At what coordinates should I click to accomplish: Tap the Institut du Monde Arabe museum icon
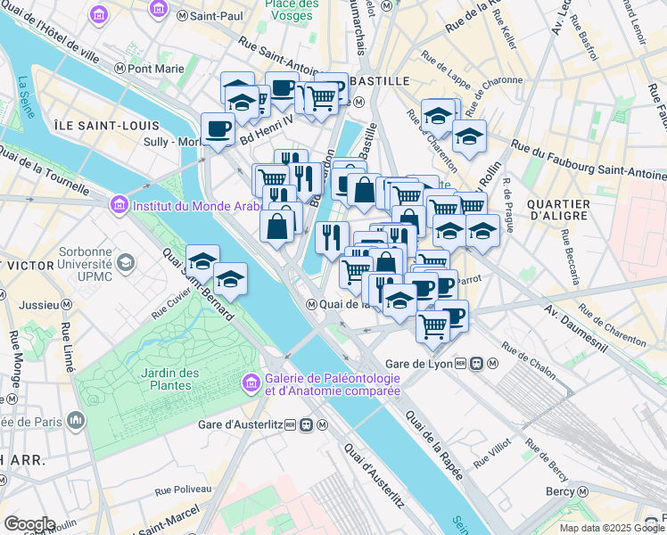pyautogui.click(x=119, y=206)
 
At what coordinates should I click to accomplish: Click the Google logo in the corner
pyautogui.click(x=29, y=523)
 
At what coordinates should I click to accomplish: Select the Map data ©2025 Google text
pyautogui.click(x=610, y=528)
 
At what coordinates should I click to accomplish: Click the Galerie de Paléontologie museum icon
pyautogui.click(x=252, y=383)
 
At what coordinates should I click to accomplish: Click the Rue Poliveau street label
pyautogui.click(x=183, y=490)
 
